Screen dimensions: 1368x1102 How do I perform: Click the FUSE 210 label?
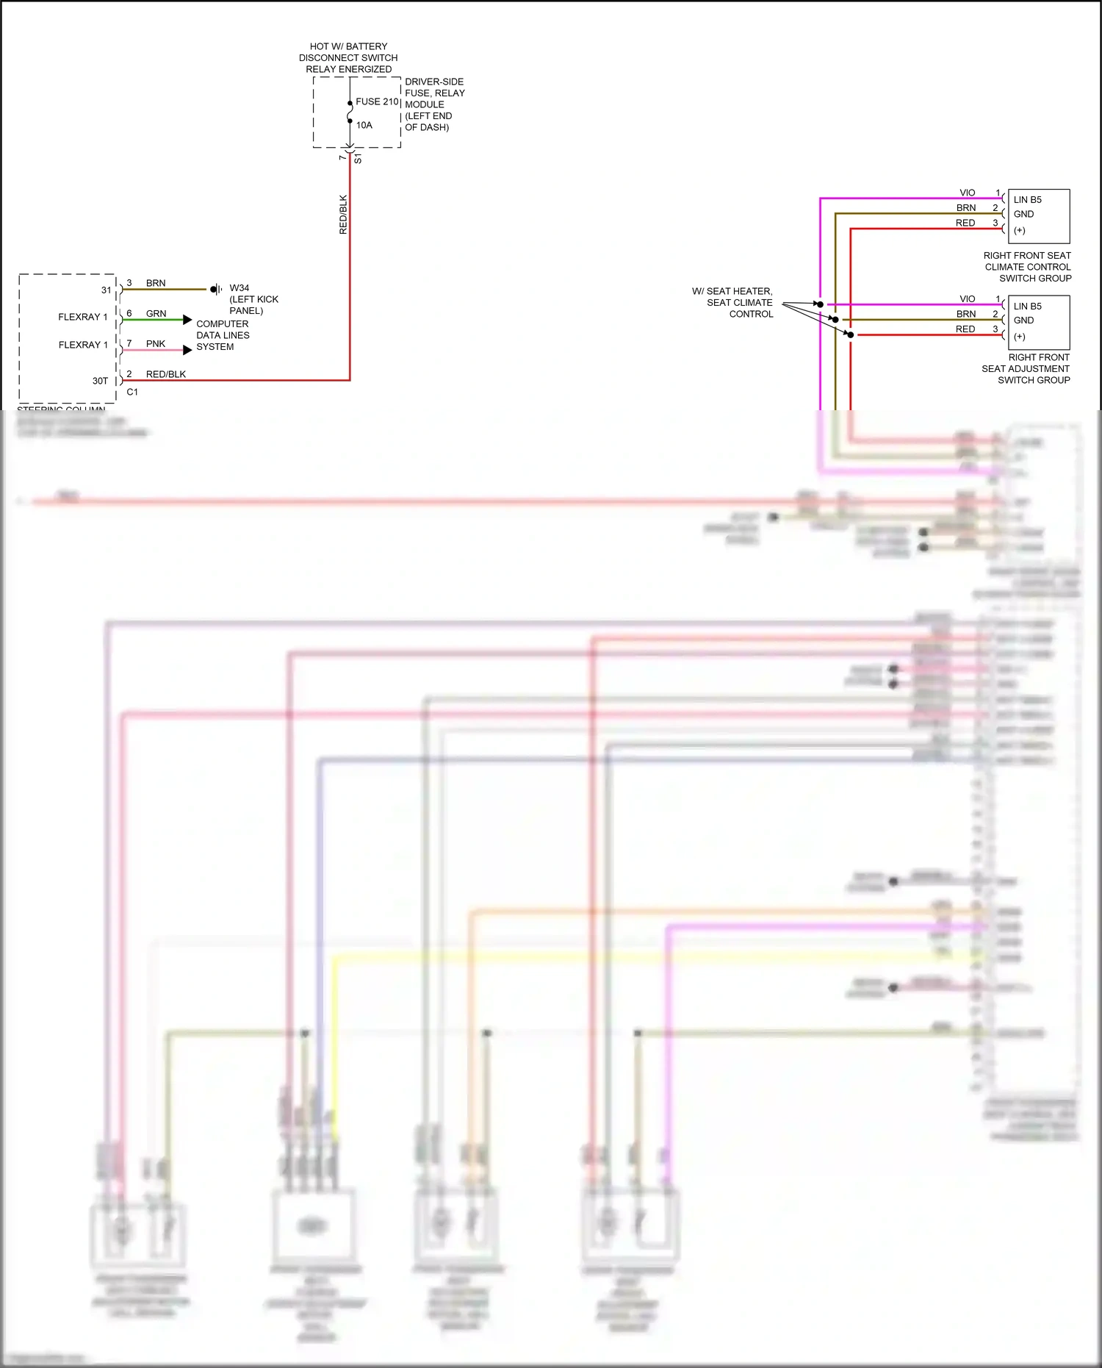point(377,102)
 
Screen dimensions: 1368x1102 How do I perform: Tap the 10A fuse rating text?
point(364,126)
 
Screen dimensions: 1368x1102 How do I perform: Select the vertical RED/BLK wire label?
point(343,215)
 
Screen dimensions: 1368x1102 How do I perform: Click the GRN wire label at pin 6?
point(156,314)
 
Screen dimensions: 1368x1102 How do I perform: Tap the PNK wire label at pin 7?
point(156,344)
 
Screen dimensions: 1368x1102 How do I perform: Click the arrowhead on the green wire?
point(187,320)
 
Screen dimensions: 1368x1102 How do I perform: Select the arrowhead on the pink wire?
point(187,350)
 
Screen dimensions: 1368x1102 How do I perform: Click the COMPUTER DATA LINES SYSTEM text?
point(223,335)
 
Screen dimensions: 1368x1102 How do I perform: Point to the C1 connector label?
point(132,393)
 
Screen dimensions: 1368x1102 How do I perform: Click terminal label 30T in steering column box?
point(100,382)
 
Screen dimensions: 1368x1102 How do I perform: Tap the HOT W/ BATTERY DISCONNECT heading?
point(348,57)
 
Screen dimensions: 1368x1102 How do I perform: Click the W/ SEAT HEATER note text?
point(732,303)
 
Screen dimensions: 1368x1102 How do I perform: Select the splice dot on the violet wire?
point(820,304)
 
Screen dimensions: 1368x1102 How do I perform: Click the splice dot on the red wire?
point(851,335)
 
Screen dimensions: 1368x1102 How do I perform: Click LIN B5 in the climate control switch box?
point(1027,200)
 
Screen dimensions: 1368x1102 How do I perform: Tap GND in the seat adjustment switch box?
point(1023,320)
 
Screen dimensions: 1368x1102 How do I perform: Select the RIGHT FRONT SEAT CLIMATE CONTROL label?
point(1027,267)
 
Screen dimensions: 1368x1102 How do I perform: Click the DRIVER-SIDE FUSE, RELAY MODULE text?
point(434,104)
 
